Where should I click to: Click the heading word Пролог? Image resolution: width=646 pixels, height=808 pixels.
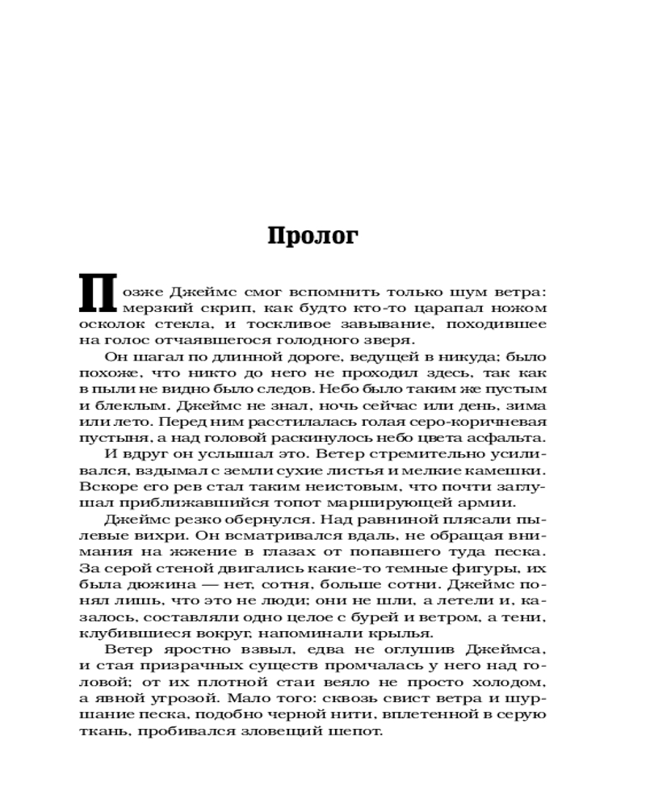(x=312, y=235)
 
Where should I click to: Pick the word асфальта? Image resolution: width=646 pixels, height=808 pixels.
(x=510, y=437)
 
